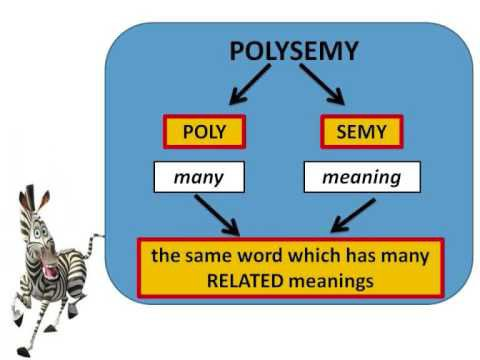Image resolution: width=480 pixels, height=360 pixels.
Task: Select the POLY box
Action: click(204, 131)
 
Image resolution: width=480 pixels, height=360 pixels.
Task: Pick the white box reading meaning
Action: click(361, 178)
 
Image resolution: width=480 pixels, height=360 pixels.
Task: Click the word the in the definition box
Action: click(165, 256)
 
